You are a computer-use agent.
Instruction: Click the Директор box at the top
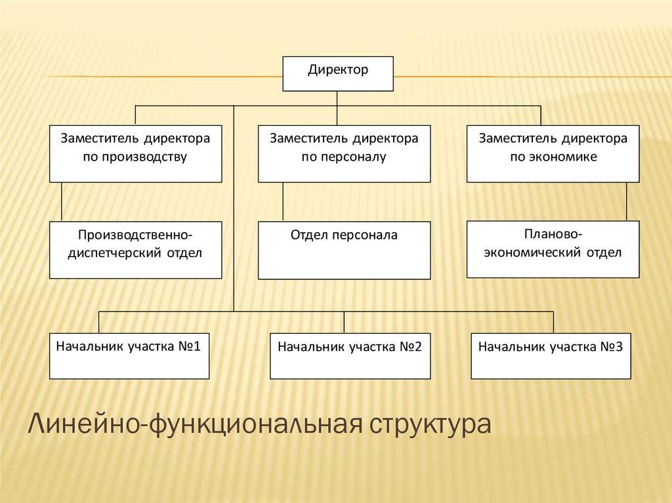click(x=338, y=73)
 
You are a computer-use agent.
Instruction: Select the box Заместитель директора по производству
click(x=135, y=153)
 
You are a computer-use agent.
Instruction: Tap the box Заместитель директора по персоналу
click(x=344, y=153)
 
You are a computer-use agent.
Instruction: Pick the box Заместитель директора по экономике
click(x=553, y=153)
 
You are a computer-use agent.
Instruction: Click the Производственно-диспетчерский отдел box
click(x=135, y=250)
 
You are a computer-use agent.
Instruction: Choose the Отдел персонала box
click(x=344, y=250)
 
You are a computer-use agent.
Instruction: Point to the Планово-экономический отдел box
click(x=553, y=249)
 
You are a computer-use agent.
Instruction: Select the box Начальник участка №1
click(x=129, y=356)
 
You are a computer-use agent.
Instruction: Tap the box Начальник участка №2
click(x=350, y=356)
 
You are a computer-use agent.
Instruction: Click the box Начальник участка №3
click(x=551, y=356)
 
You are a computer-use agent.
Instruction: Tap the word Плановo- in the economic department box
click(x=553, y=234)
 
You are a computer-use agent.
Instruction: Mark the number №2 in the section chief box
click(x=409, y=346)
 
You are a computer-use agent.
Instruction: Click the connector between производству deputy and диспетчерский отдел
click(x=61, y=202)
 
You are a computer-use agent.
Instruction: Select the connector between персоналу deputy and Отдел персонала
click(x=283, y=202)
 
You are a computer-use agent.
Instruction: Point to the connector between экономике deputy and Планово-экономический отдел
click(x=626, y=201)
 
